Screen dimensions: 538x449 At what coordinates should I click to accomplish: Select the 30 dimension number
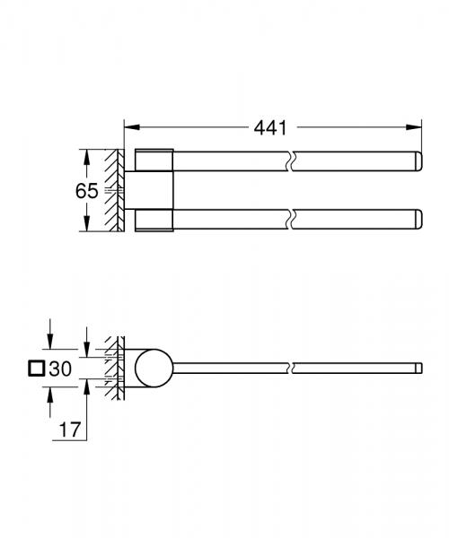tap(60, 368)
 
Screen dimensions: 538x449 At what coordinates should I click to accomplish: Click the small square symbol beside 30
tap(37, 368)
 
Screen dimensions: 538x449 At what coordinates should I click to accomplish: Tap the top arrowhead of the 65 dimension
tap(86, 155)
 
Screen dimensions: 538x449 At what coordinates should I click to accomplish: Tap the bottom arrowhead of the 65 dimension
tap(86, 227)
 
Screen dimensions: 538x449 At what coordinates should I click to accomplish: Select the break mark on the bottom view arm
tap(288, 367)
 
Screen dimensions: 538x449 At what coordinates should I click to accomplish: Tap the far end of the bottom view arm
tap(418, 367)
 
